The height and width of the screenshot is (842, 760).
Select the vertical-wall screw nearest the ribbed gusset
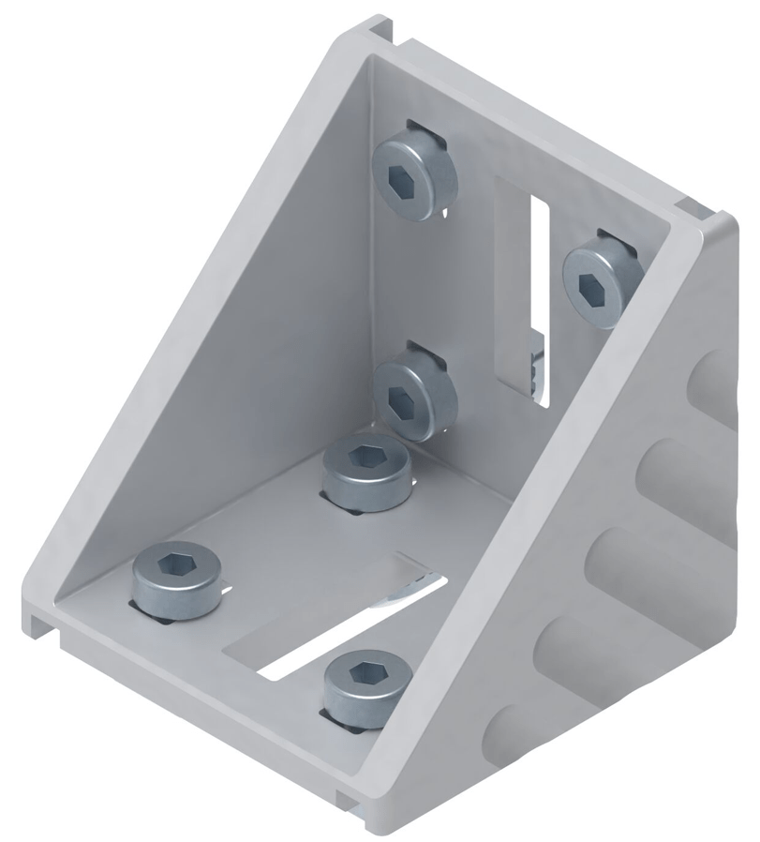602,278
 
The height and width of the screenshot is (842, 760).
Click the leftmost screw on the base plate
176,582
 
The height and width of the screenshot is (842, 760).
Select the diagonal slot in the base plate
347,628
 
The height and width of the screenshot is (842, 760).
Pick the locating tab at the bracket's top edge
384,33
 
